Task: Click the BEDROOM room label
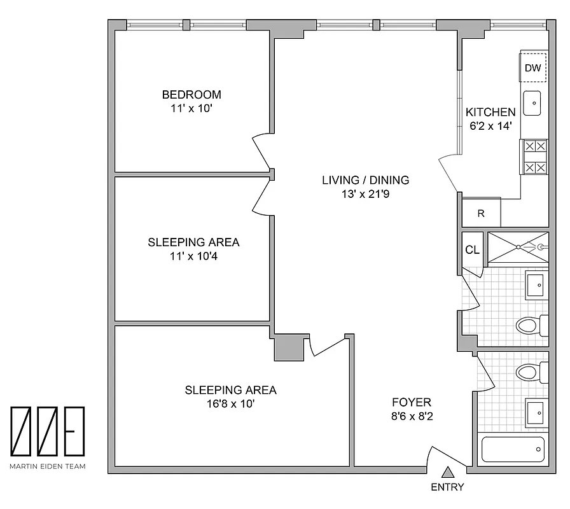(x=191, y=95)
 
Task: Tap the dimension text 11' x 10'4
(x=193, y=256)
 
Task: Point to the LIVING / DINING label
(x=365, y=180)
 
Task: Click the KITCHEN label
(x=490, y=112)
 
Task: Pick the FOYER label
(x=411, y=402)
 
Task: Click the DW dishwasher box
(x=532, y=68)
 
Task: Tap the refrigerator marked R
(x=481, y=214)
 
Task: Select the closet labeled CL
(x=471, y=250)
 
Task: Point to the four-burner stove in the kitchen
(x=534, y=157)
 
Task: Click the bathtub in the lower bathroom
(x=513, y=450)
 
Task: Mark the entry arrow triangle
(x=447, y=472)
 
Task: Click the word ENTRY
(x=447, y=488)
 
